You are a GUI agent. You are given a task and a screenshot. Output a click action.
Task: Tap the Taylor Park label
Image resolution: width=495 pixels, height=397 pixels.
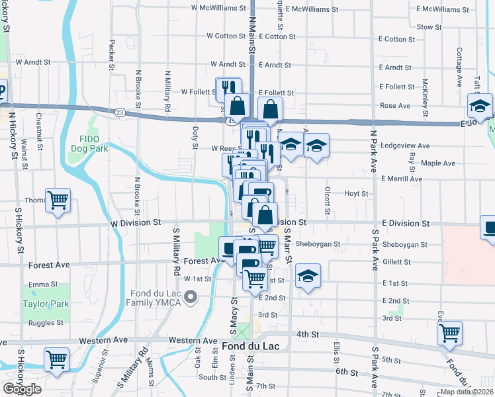[46, 304]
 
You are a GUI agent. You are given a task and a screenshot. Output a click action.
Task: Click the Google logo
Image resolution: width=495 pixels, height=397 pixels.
[22, 389]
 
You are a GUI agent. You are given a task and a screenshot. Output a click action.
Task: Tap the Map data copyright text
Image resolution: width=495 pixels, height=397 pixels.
[467, 392]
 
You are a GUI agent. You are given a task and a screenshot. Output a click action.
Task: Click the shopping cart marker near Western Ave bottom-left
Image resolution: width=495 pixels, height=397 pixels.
[56, 360]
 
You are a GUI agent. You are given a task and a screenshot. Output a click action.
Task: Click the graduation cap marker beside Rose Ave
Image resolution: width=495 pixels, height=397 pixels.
[480, 106]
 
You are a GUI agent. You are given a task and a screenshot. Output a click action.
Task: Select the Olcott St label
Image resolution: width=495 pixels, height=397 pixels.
[327, 200]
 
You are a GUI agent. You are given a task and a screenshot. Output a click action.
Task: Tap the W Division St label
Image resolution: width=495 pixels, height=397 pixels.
[140, 224]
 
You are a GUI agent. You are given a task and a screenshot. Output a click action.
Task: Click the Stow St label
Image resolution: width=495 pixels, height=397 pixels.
[429, 27]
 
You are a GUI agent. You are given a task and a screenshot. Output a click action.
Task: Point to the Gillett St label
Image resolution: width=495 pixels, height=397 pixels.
[396, 262]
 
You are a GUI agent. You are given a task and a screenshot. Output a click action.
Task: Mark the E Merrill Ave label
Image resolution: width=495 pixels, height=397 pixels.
[402, 179]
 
